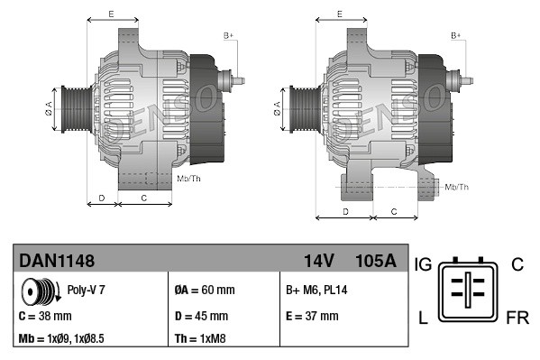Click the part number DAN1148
point(57,261)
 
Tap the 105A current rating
point(376,261)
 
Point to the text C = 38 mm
point(45,316)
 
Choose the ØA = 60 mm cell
point(204,291)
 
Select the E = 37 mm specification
point(312,316)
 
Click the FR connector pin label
point(517,318)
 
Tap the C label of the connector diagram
point(517,264)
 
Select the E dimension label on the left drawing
point(110,14)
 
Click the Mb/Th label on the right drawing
point(456,187)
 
